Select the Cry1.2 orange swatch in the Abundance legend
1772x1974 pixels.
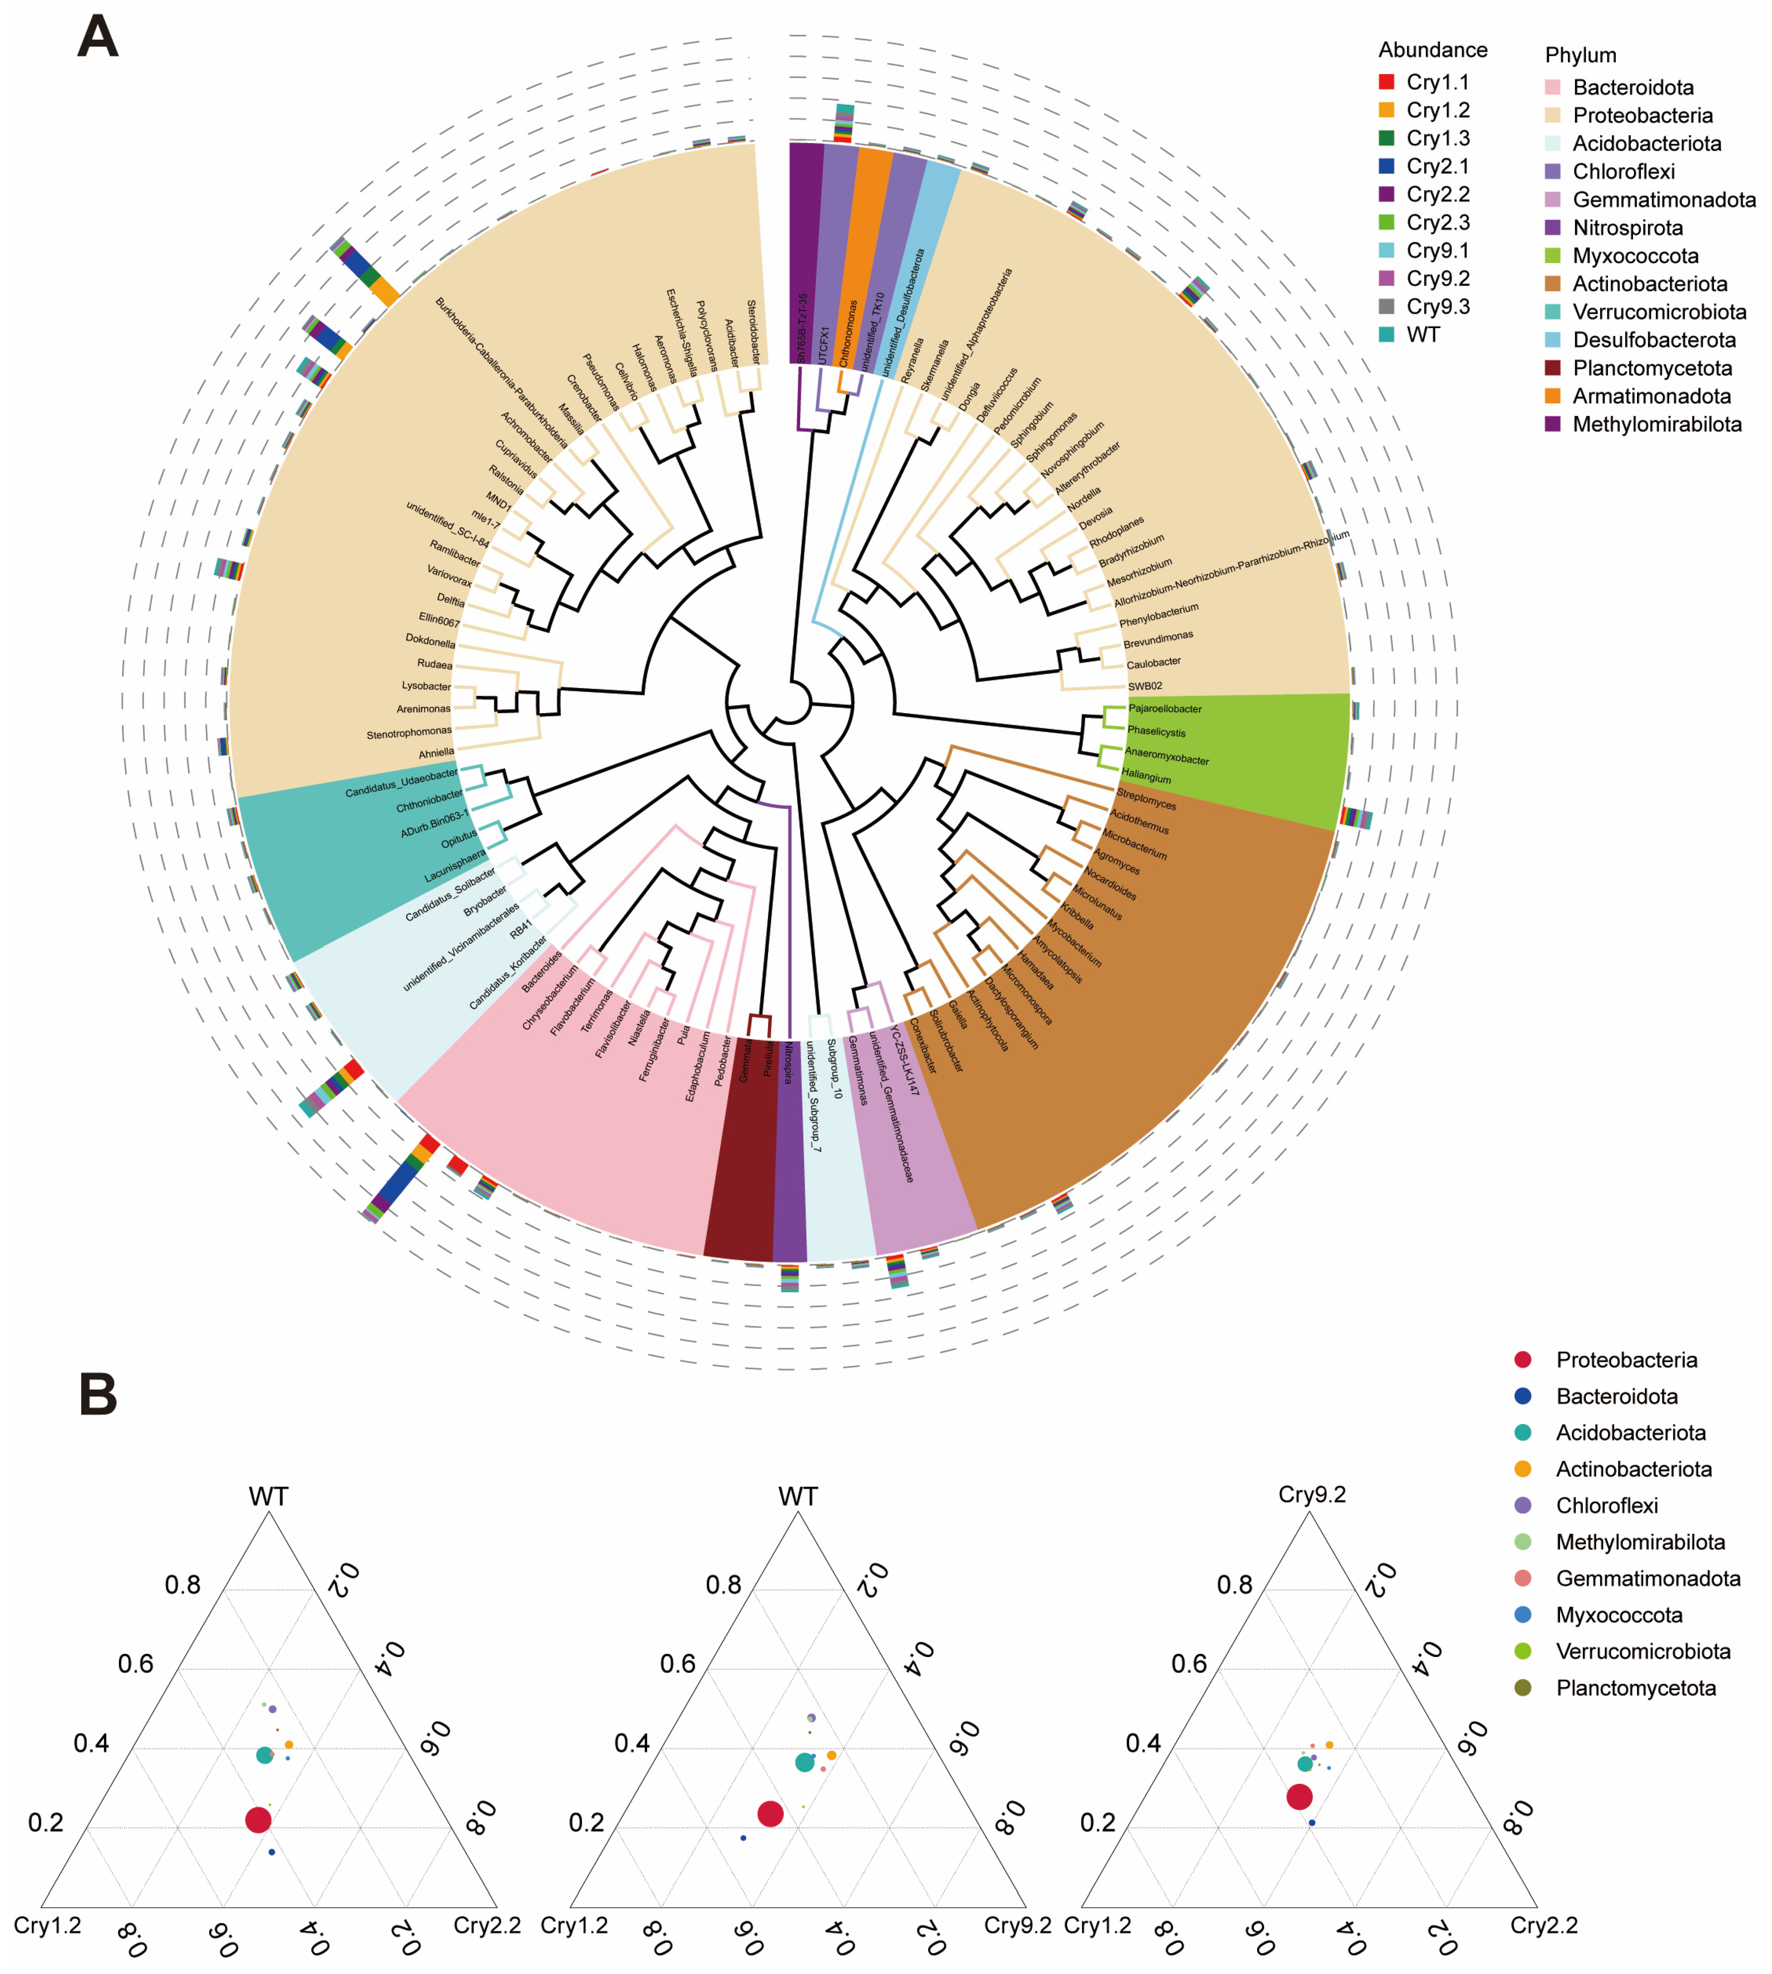pyautogui.click(x=1387, y=110)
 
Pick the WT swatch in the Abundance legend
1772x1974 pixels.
pyautogui.click(x=1387, y=334)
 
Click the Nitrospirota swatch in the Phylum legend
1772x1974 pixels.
pyautogui.click(x=1553, y=228)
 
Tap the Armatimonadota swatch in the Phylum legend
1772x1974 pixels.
pyautogui.click(x=1553, y=396)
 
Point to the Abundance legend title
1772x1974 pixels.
pyautogui.click(x=1432, y=50)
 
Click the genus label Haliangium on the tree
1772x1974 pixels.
pyautogui.click(x=1146, y=776)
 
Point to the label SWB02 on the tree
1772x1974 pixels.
pyautogui.click(x=1145, y=685)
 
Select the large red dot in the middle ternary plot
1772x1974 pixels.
pyautogui.click(x=770, y=1813)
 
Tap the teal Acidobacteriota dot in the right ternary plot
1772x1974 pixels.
pyautogui.click(x=1305, y=1764)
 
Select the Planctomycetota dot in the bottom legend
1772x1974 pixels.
pyautogui.click(x=1523, y=1688)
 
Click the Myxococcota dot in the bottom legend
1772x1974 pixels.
pyautogui.click(x=1523, y=1615)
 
